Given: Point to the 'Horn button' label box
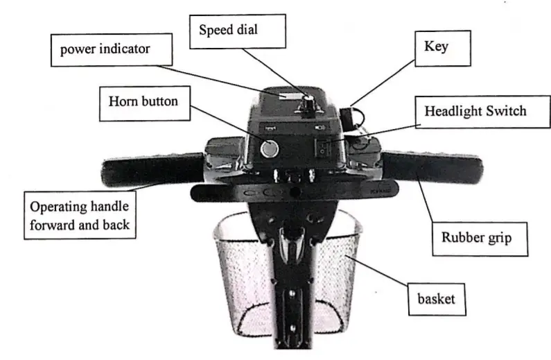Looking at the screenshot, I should point(143,102).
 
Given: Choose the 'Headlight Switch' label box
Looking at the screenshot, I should point(475,111).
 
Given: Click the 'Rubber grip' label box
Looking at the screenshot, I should point(476,238).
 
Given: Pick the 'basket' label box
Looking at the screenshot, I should point(435,300).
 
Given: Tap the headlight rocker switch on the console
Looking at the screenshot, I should point(324,146).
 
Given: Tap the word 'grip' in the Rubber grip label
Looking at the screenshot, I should point(498,239).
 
